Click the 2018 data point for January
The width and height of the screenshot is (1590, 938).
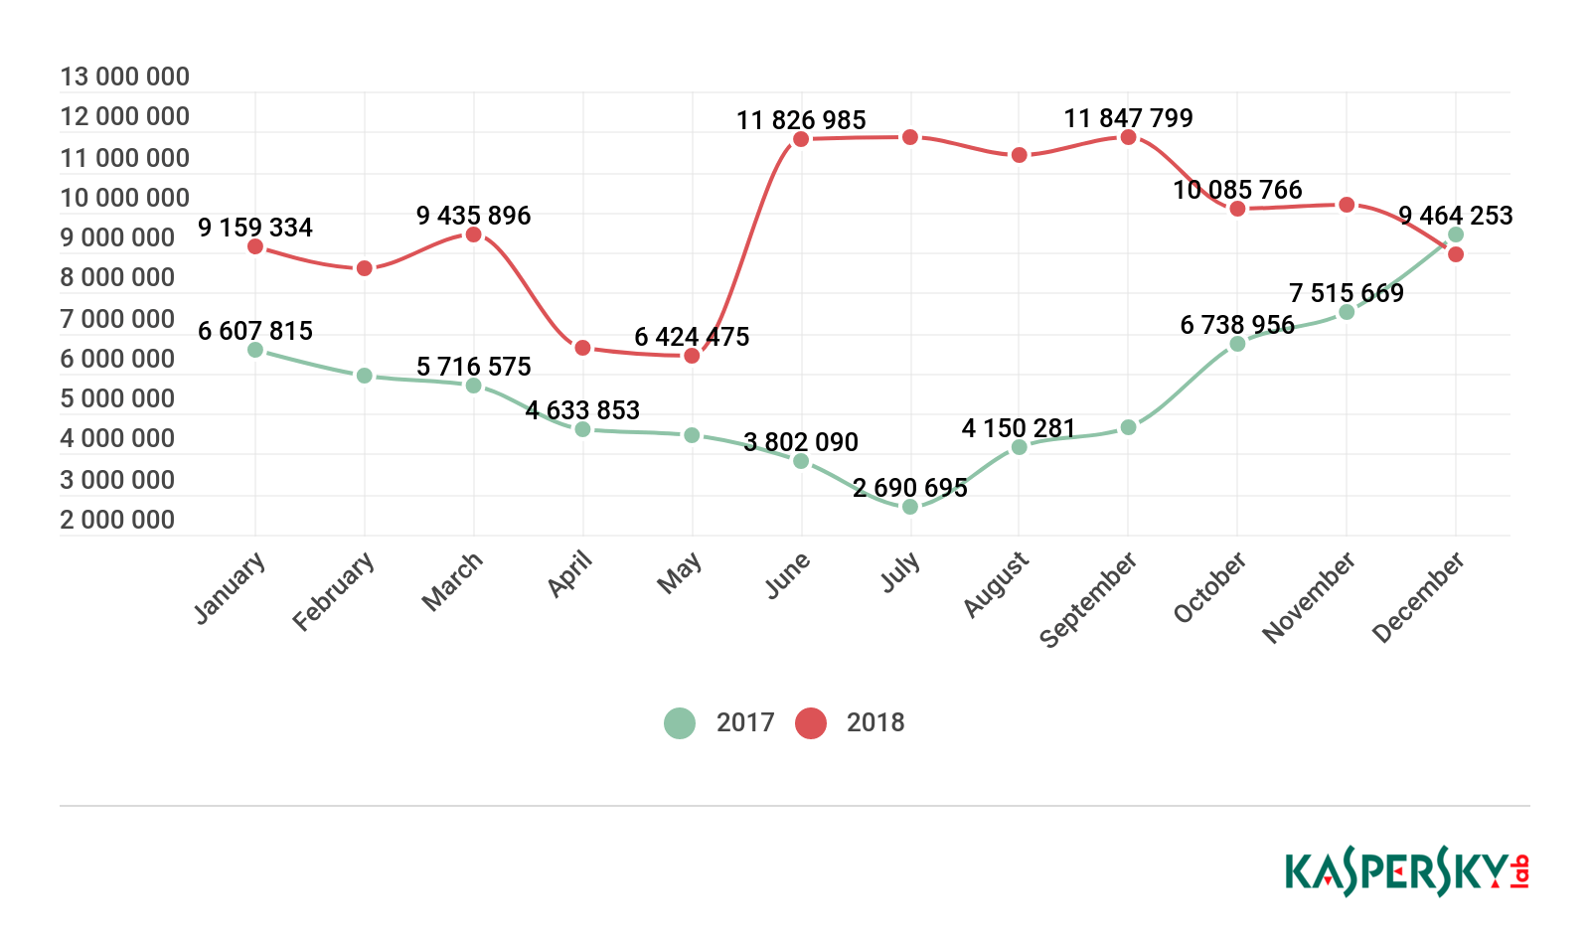tap(255, 246)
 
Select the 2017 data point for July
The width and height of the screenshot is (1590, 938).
tap(910, 507)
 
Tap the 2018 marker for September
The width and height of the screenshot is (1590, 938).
tap(1128, 137)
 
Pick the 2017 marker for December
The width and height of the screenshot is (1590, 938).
tap(1456, 234)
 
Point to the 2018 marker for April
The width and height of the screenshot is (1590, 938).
tap(583, 348)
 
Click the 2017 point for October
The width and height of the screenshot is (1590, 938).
tap(1237, 344)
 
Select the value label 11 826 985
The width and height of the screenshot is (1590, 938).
tap(801, 120)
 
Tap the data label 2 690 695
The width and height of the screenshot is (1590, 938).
tap(910, 488)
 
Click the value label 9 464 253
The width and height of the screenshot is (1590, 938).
tap(1456, 216)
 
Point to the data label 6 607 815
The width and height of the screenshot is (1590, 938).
tap(255, 331)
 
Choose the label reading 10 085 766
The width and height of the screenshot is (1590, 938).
tap(1237, 190)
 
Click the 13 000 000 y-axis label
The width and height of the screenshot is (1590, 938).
tap(125, 77)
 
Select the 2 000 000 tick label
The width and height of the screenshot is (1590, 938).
tap(117, 520)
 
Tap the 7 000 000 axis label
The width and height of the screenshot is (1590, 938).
tap(117, 319)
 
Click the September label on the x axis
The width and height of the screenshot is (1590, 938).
tap(1089, 599)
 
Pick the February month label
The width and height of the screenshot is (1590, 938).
tap(334, 591)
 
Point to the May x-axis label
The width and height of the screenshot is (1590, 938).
tap(680, 573)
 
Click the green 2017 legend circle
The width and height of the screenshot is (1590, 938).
tap(680, 722)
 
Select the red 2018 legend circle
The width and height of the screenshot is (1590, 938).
tap(811, 722)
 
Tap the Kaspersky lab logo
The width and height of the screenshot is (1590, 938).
tap(1407, 872)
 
